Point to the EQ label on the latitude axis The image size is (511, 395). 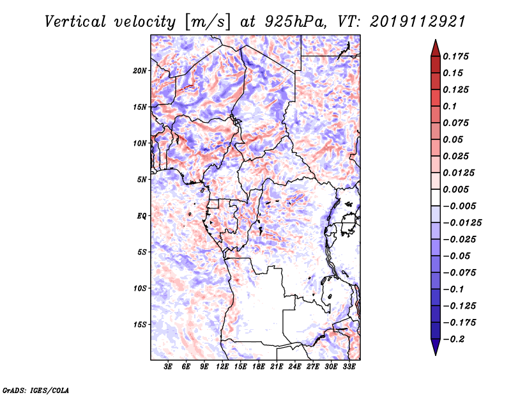pyautogui.click(x=142, y=216)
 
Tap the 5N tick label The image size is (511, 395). pyautogui.click(x=142, y=180)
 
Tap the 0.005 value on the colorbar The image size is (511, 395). pyautogui.click(x=457, y=189)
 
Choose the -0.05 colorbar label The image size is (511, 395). pyautogui.click(x=457, y=256)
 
